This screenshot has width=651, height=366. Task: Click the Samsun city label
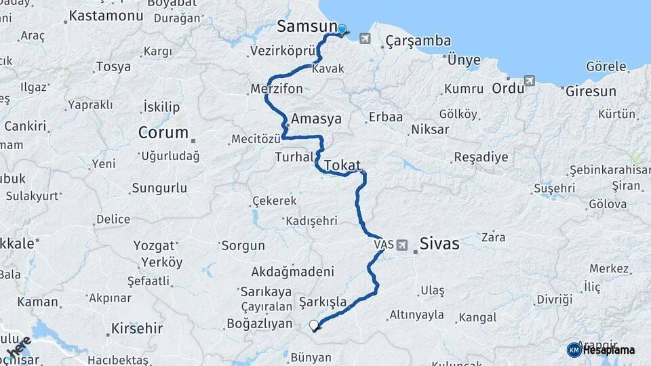pos(307,26)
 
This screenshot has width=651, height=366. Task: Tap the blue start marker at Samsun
pos(342,30)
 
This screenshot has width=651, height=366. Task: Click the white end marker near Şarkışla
pos(314,325)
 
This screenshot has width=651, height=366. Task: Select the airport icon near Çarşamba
pos(366,38)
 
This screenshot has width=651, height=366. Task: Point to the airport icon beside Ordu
pos(530,81)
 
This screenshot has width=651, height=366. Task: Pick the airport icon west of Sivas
pos(402,244)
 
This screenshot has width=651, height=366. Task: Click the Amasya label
pos(316,119)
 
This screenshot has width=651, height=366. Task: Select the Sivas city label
pos(439,243)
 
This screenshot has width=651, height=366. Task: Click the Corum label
pos(163,132)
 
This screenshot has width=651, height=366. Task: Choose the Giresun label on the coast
pos(591,91)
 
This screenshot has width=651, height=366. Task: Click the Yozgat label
pos(154,245)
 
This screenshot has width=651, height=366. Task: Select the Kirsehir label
pos(138,329)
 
